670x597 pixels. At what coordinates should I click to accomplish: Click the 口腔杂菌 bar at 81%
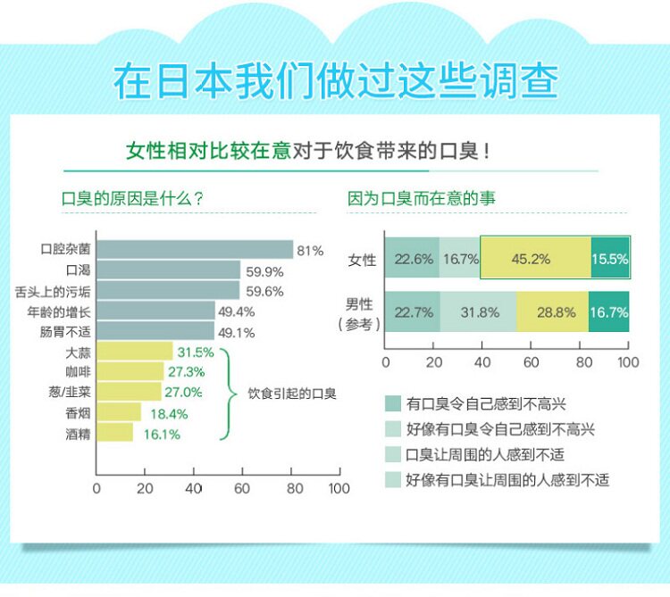195,251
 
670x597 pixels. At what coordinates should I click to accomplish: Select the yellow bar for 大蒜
134,352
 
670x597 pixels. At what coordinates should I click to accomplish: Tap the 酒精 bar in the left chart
114,434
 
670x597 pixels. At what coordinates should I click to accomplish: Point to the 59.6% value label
264,292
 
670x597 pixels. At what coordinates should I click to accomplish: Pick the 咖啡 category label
77,372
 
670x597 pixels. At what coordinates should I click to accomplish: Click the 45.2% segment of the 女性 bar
535,260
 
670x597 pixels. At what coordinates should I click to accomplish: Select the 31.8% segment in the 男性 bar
478,312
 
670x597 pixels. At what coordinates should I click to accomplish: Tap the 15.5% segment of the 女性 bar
610,260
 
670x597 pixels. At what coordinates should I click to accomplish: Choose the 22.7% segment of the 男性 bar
413,312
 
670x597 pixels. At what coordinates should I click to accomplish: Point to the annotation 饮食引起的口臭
292,393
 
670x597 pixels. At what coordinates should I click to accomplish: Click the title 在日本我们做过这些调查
335,81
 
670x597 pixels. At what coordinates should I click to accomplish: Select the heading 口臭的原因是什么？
131,198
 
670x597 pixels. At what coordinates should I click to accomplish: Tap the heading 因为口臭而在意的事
422,198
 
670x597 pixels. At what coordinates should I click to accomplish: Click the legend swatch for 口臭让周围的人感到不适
391,454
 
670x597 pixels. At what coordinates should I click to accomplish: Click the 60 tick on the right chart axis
532,362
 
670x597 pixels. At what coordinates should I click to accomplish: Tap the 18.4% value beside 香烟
169,414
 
